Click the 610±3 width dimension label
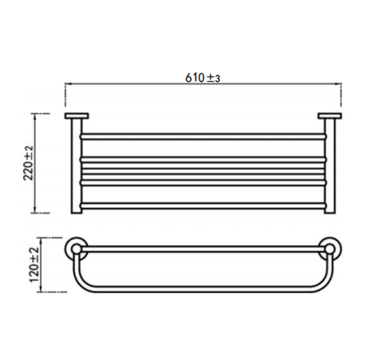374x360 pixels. (202, 77)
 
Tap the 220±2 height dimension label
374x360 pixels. (28, 163)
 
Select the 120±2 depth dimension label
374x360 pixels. (34, 265)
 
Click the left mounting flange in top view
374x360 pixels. (76, 116)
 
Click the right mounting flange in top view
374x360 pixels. (330, 116)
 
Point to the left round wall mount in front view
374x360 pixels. (76, 249)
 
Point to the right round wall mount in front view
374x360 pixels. (330, 249)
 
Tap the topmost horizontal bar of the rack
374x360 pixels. (203, 136)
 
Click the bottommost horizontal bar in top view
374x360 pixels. (203, 206)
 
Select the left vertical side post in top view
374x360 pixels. (76, 166)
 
